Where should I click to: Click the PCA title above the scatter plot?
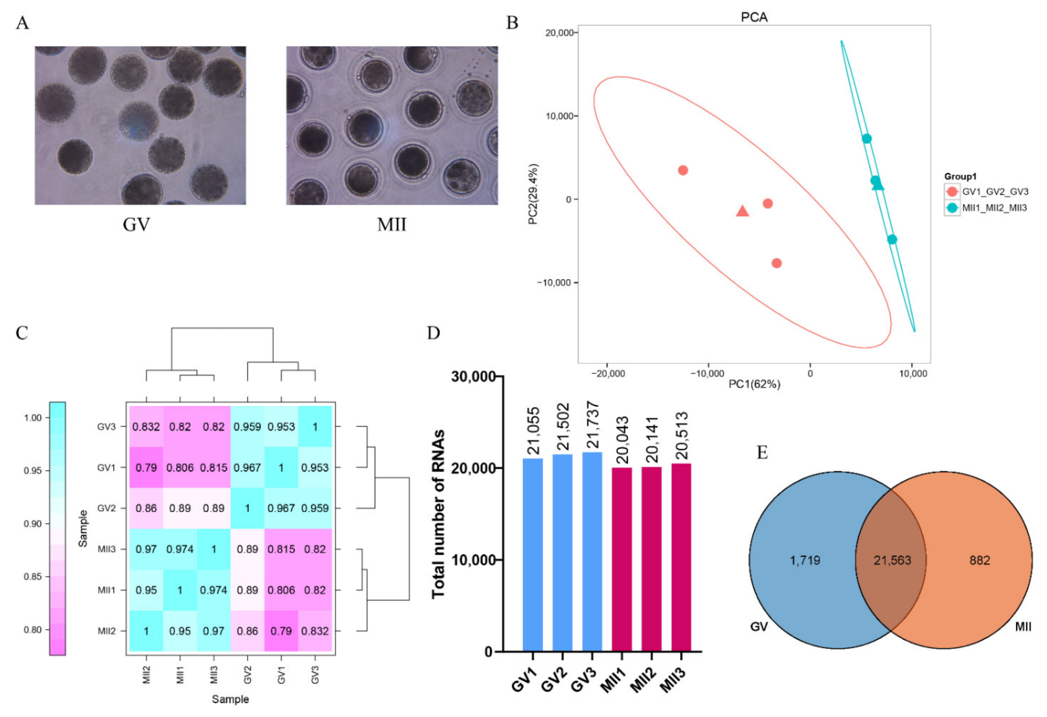tap(754, 17)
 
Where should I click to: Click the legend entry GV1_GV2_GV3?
tap(995, 192)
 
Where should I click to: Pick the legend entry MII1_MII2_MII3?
tap(994, 208)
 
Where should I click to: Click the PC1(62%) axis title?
tap(754, 384)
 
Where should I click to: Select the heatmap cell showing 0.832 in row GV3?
tap(146, 426)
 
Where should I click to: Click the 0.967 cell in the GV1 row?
tap(247, 467)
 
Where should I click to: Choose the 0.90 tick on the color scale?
tap(33, 524)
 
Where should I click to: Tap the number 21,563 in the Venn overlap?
tap(892, 560)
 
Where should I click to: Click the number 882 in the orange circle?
tap(979, 560)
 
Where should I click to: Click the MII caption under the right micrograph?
tap(391, 224)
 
